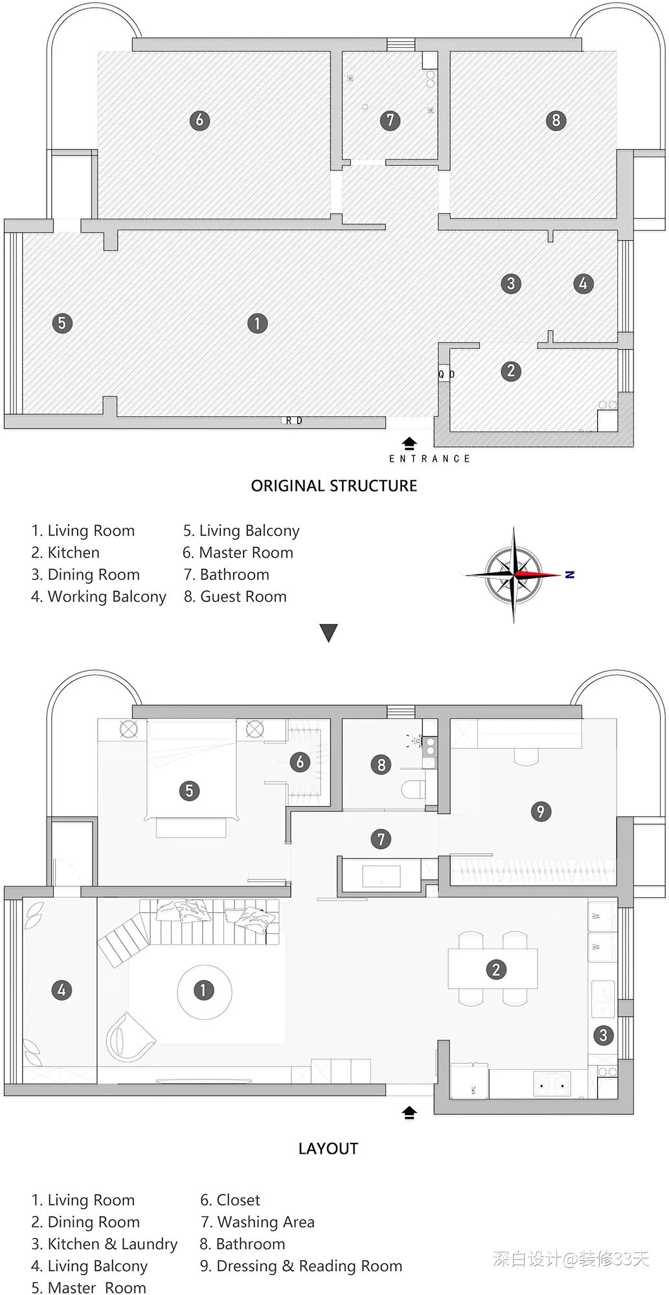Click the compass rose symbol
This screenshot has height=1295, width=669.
tap(514, 574)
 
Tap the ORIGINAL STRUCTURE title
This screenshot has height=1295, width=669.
tap(334, 486)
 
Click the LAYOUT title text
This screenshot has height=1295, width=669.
tap(328, 1149)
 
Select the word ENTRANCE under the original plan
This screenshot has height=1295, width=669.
tap(429, 458)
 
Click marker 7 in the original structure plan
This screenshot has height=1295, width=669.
tap(390, 120)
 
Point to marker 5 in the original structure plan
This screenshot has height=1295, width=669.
tap(62, 322)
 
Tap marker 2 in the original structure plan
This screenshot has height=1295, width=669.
tap(511, 370)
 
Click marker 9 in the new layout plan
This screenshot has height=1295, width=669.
tap(541, 811)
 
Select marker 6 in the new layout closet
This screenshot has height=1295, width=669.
tap(299, 761)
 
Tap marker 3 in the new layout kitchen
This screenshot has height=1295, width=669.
tap(603, 1035)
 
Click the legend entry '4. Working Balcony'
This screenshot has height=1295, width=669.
tap(98, 596)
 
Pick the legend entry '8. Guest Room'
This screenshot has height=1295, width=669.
tap(234, 596)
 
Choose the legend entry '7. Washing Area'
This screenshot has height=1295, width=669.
tap(257, 1222)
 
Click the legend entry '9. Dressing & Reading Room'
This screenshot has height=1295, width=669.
tap(300, 1266)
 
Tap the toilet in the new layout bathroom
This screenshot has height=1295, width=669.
tap(413, 789)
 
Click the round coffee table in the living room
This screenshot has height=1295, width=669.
tap(203, 990)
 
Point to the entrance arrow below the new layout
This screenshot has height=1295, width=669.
tap(409, 1112)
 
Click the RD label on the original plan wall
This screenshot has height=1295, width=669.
tap(294, 421)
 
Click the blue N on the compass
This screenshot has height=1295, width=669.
tap(570, 574)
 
